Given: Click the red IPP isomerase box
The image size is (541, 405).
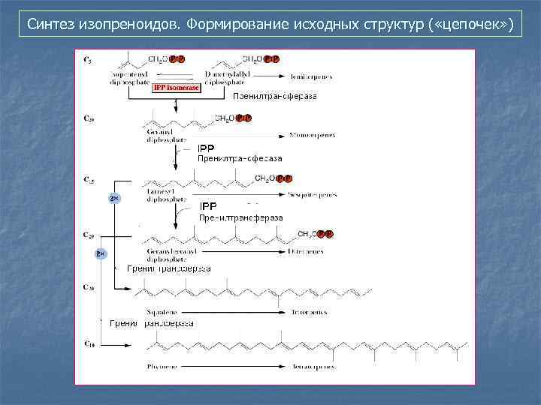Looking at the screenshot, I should [x=177, y=88].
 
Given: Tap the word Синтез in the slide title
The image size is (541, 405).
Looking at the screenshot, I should [x=51, y=25].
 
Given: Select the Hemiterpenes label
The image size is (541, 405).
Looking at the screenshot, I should [x=312, y=77].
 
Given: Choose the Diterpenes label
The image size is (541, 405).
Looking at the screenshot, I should [x=307, y=252].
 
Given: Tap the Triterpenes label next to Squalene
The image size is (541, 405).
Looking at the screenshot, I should [x=307, y=311].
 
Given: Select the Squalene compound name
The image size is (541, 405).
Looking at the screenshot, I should [x=156, y=311].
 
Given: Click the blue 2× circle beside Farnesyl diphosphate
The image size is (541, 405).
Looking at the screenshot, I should [x=114, y=198].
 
